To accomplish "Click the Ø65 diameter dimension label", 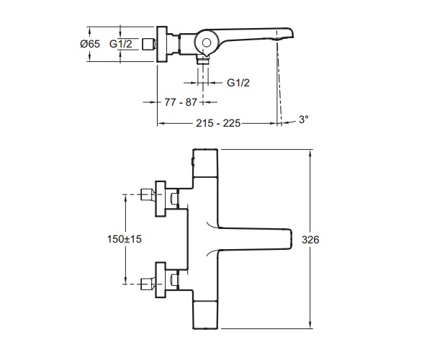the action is (x=90, y=44).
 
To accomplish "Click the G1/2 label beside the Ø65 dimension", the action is (x=121, y=44).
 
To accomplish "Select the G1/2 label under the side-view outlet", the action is (x=238, y=83).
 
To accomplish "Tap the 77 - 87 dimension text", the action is (x=181, y=102).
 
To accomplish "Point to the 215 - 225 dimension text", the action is (x=218, y=123).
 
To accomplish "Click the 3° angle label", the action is (x=304, y=120).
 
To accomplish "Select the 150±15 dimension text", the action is (x=125, y=239).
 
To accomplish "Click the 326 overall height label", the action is (x=310, y=240).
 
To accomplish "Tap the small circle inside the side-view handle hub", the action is (x=207, y=42).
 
